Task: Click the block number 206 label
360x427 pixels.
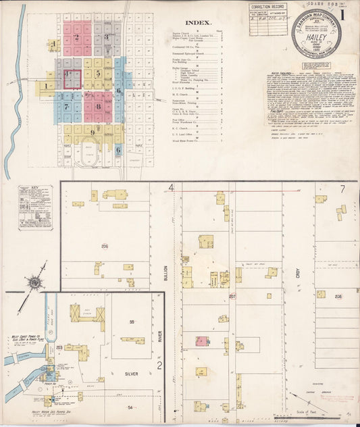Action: [x=105, y=246]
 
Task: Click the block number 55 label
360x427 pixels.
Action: [x=132, y=322]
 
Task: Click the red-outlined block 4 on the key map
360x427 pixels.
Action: [x=72, y=79]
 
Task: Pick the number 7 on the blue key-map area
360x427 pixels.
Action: [x=66, y=106]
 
